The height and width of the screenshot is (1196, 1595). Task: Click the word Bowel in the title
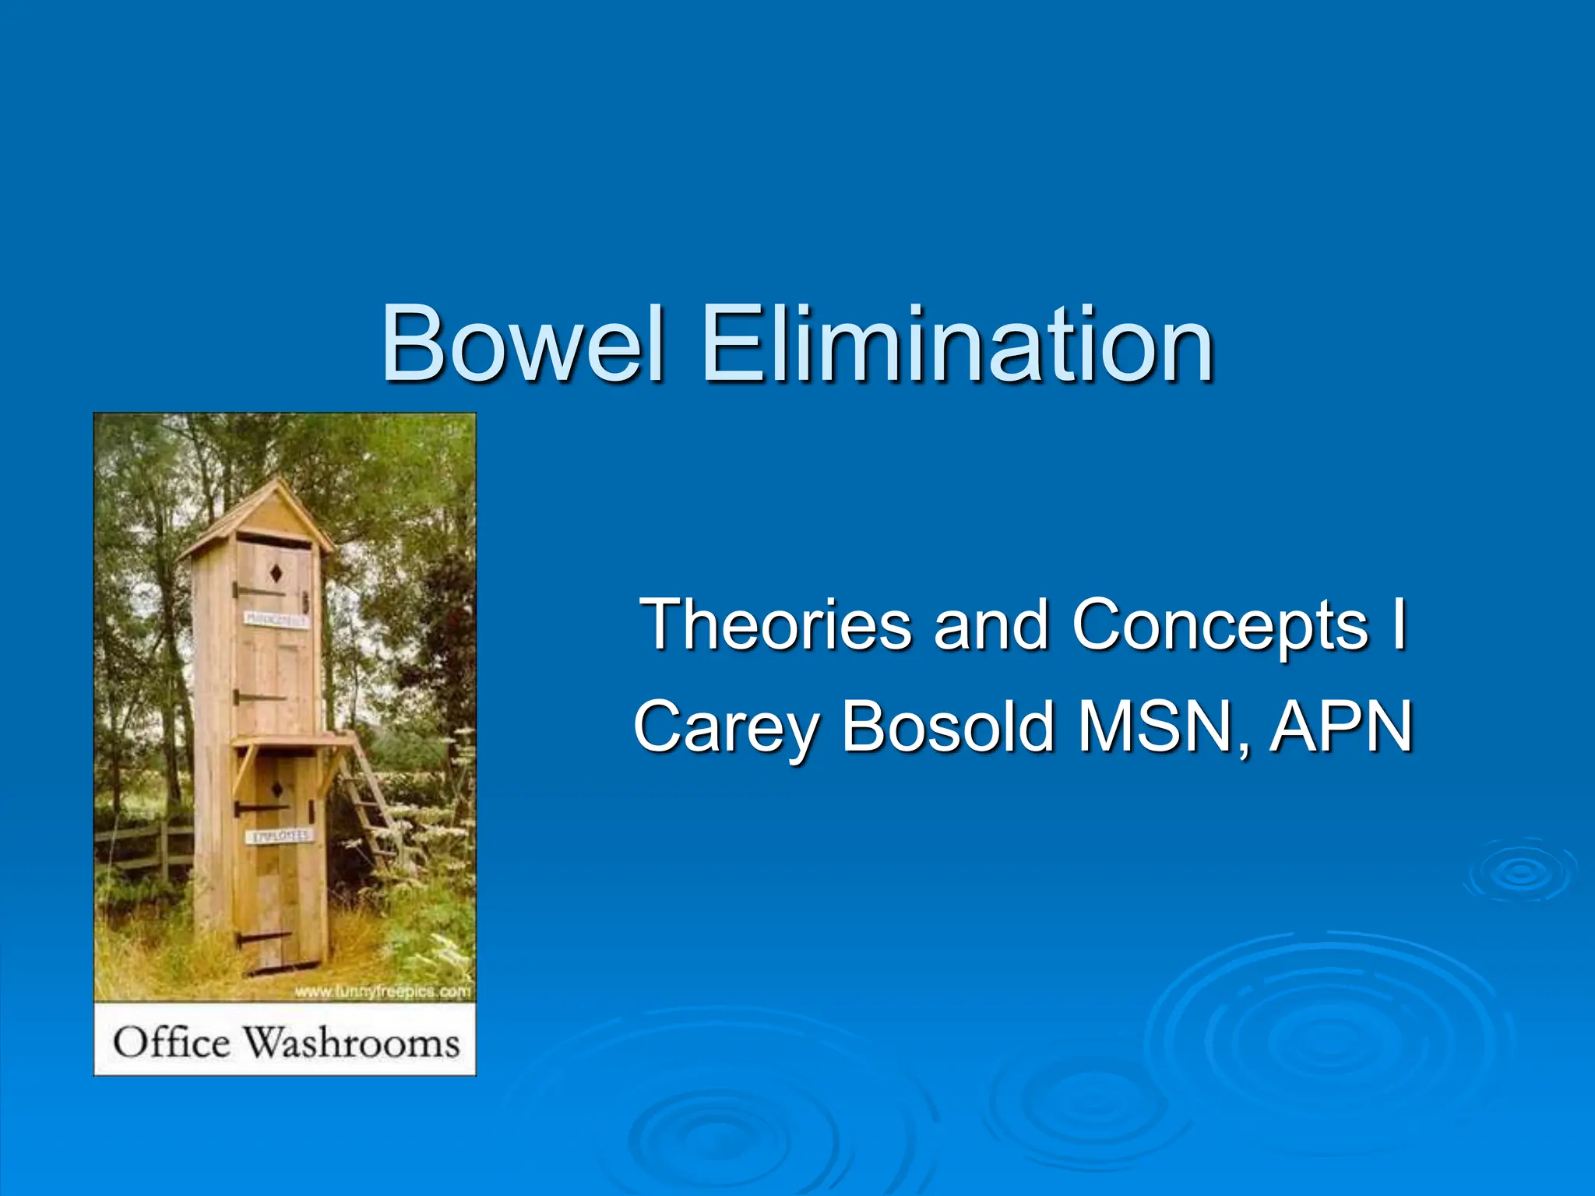523,344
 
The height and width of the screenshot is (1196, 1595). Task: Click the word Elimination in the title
957,344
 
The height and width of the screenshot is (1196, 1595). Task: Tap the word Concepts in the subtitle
1220,624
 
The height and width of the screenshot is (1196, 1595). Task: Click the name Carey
726,727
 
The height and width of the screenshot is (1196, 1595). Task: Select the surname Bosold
948,727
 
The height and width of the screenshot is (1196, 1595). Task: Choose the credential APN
1341,727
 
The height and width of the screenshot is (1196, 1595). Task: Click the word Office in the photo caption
171,1042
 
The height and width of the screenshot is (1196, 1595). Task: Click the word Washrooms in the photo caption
352,1042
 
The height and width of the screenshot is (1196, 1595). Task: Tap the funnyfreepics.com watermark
382,991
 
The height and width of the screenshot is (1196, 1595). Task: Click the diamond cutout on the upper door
276,574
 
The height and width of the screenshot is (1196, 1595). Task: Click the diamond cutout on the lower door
276,790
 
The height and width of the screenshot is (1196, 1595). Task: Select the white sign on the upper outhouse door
276,620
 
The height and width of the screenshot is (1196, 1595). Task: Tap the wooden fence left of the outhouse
144,845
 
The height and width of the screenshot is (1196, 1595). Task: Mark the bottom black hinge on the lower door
261,937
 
